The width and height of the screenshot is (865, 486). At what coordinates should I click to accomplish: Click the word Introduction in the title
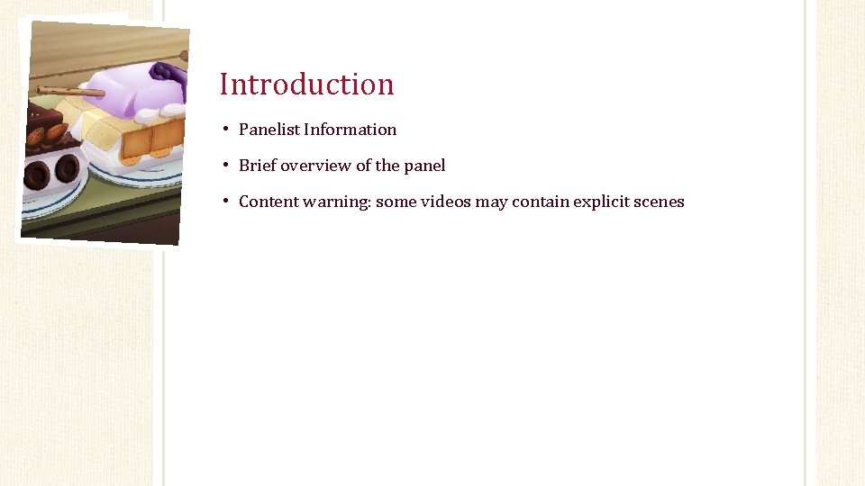(x=306, y=84)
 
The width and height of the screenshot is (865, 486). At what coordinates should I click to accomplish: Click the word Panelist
(x=269, y=130)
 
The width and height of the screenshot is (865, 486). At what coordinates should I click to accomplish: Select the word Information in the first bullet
(x=350, y=130)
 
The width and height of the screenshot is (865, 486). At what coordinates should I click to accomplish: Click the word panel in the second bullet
(x=424, y=166)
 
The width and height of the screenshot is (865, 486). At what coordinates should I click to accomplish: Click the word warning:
(x=337, y=202)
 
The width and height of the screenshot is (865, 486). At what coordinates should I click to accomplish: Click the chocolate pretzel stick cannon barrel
(x=68, y=91)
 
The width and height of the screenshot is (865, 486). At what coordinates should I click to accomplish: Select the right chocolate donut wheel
(x=68, y=168)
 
